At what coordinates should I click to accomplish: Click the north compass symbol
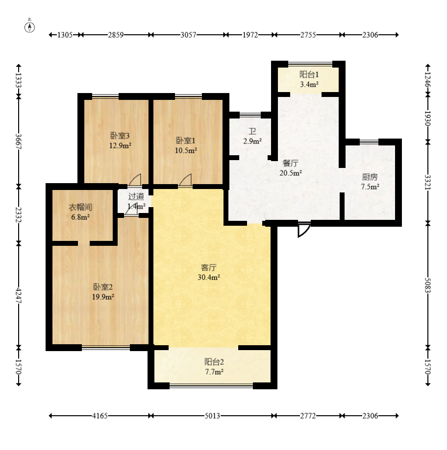point(29,27)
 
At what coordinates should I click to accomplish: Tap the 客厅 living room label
point(209,267)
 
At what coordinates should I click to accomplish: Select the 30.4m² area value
point(209,277)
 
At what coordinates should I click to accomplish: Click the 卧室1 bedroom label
point(186,141)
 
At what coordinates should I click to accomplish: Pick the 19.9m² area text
point(103,297)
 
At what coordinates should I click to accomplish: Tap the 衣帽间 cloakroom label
point(80,207)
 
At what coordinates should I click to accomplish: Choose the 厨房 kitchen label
point(370,177)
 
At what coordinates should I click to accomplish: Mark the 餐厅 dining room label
point(291,163)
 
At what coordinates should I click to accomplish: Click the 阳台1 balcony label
point(309,74)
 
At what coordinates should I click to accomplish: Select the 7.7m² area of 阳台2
point(214,372)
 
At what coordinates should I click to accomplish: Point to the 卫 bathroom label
point(252,131)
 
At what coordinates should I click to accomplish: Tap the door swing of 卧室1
point(185,180)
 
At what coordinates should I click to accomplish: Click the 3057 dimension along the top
point(188,35)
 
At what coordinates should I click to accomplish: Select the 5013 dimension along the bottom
point(212,416)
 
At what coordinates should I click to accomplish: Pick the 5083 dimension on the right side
point(428,285)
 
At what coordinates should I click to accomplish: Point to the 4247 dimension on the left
point(19,296)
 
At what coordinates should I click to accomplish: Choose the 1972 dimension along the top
point(250,35)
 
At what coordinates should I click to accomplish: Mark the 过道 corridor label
point(136,196)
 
